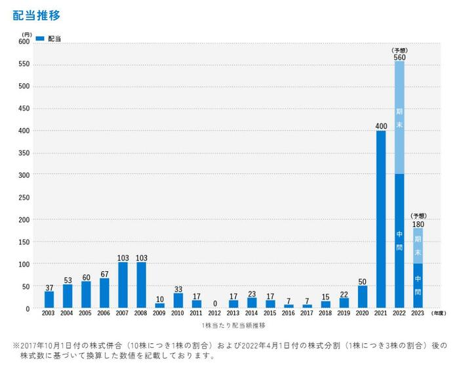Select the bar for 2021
pos(381,219)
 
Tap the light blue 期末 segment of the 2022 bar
pos(399,118)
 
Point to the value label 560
pos(399,57)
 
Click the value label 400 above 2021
pos(381,125)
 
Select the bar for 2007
pos(123,285)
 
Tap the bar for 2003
pos(49,299)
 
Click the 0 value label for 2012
pos(215,303)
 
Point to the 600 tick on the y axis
pos(24,41)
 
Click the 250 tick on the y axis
pos(24,197)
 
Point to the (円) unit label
pos(26,33)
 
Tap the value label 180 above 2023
pos(418,224)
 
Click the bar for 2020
pos(363,297)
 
